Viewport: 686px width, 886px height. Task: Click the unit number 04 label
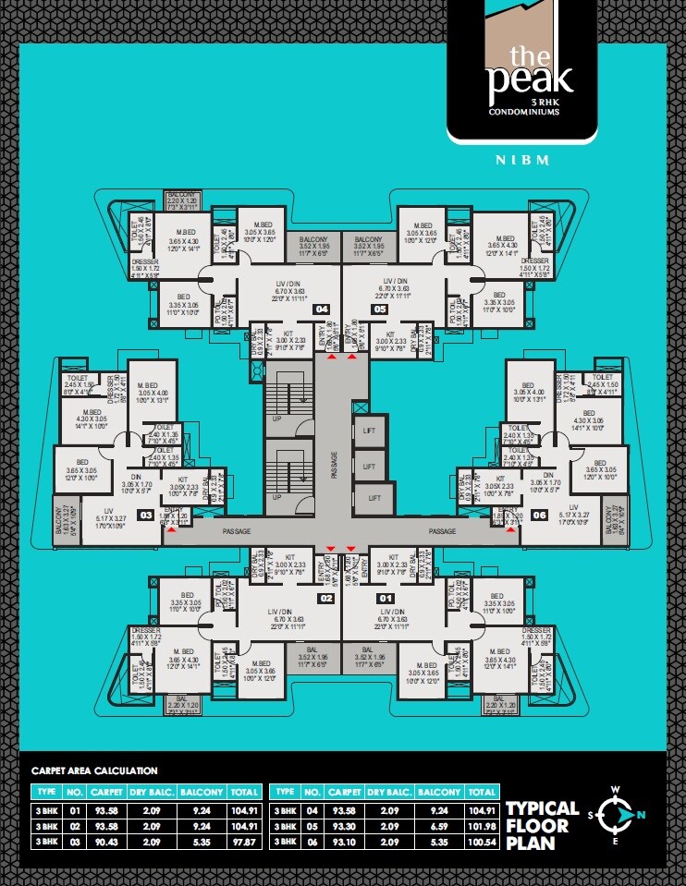(x=322, y=309)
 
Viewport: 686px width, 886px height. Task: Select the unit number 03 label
(x=145, y=515)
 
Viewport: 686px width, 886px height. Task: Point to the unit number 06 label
(x=540, y=515)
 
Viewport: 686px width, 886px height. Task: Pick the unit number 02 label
(x=325, y=599)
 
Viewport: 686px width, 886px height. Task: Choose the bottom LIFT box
(x=374, y=497)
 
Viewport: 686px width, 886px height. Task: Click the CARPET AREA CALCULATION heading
(x=94, y=771)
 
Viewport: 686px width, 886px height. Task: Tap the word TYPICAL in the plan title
(x=542, y=807)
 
